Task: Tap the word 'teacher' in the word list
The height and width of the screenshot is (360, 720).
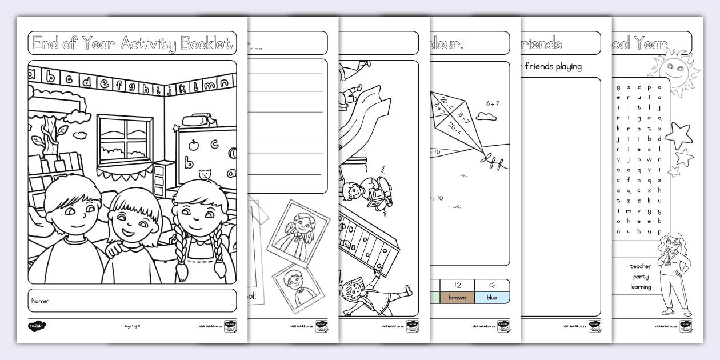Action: (641, 266)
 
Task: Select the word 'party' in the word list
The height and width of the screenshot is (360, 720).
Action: (641, 277)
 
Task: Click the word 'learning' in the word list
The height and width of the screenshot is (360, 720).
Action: (641, 287)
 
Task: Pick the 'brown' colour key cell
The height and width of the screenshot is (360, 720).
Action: (457, 298)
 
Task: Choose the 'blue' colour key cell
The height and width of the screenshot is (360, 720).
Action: (492, 298)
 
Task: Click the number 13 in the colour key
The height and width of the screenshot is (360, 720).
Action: (492, 285)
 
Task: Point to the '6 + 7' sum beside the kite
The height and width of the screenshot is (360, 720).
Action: (493, 103)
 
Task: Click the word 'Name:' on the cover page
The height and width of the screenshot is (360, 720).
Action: (40, 301)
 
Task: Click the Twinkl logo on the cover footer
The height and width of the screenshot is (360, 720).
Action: (37, 327)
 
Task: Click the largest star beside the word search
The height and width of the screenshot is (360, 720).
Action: (679, 135)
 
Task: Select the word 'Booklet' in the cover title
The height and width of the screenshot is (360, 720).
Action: (206, 43)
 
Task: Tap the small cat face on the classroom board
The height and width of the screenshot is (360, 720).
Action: (202, 174)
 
